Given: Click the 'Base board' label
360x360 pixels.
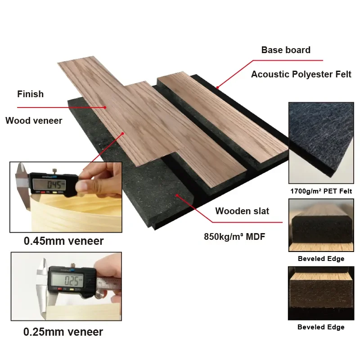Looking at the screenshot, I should click(x=286, y=50).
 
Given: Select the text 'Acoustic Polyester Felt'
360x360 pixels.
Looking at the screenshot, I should click(x=301, y=74).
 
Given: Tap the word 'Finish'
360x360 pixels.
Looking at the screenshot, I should click(x=31, y=94).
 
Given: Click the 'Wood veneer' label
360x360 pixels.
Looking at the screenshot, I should click(x=34, y=121).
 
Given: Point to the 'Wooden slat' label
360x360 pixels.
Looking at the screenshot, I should click(x=242, y=211).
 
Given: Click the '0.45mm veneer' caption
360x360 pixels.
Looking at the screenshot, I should click(x=63, y=241).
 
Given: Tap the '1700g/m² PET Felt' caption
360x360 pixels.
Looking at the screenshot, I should click(x=321, y=191).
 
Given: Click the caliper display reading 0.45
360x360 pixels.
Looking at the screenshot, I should click(x=48, y=184).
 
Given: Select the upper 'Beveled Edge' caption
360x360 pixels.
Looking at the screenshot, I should click(x=321, y=259).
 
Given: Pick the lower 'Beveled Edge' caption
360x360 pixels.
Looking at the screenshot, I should click(x=321, y=327).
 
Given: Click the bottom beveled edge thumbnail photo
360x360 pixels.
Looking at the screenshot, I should click(x=320, y=293).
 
